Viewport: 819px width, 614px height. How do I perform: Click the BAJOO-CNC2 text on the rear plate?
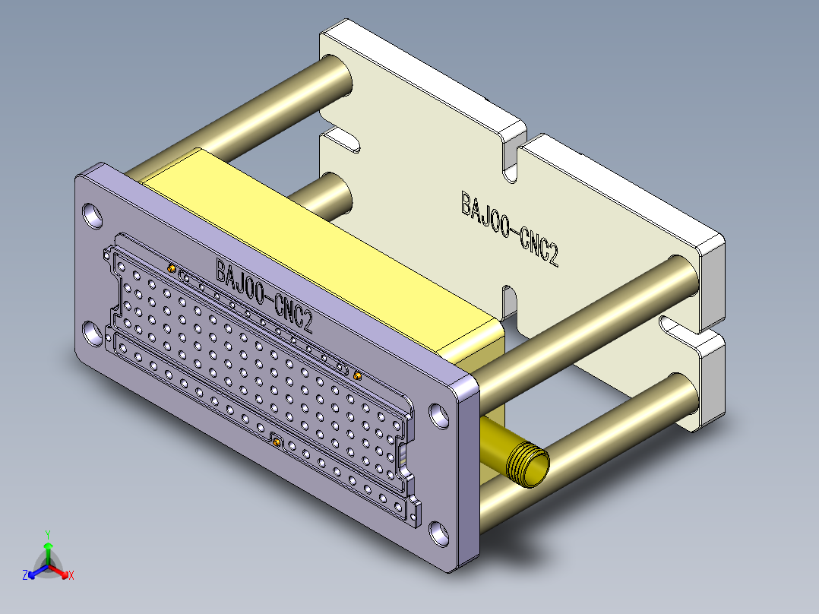pos(510,229)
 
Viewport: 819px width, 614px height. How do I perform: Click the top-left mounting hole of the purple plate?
pos(93,215)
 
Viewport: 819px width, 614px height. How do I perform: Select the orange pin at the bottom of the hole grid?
pos(277,442)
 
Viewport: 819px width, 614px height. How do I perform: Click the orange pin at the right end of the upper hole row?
pos(357,375)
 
